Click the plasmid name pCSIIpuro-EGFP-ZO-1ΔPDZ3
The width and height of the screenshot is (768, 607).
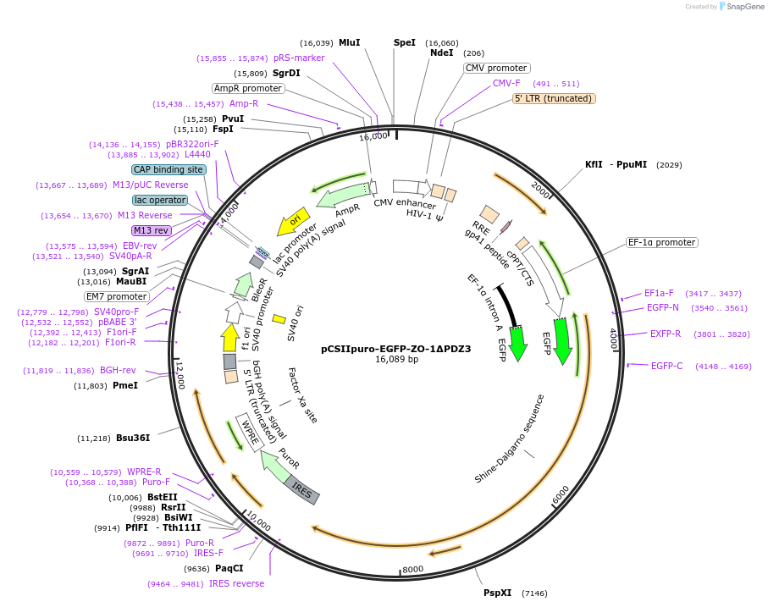pyautogui.click(x=395, y=349)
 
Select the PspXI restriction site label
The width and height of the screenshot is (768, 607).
pyautogui.click(x=497, y=593)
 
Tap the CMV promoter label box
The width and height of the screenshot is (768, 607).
pyautogui.click(x=496, y=68)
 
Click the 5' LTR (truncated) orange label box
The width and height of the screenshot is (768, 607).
pyautogui.click(x=554, y=98)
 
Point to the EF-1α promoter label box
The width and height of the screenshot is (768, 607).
pyautogui.click(x=661, y=242)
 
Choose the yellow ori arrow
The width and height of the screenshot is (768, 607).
pyautogui.click(x=293, y=221)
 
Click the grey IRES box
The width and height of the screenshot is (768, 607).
pyautogui.click(x=301, y=489)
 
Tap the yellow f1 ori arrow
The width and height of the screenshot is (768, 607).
pyautogui.click(x=230, y=337)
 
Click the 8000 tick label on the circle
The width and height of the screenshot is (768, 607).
pyautogui.click(x=413, y=569)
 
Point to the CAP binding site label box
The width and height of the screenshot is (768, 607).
pyautogui.click(x=169, y=169)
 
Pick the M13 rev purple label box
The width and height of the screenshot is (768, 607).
pyautogui.click(x=152, y=230)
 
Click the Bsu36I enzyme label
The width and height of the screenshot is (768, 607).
pyautogui.click(x=133, y=438)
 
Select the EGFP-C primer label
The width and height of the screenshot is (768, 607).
pyautogui.click(x=666, y=366)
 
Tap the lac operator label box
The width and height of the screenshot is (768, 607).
pyautogui.click(x=160, y=200)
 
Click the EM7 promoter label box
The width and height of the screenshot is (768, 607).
pyautogui.click(x=117, y=296)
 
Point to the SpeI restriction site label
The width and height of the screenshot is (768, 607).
pyautogui.click(x=405, y=42)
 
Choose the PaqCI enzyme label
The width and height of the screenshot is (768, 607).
pyautogui.click(x=229, y=568)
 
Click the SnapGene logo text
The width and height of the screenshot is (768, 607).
pyautogui.click(x=745, y=7)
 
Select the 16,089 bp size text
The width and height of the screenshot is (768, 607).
pyautogui.click(x=397, y=359)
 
